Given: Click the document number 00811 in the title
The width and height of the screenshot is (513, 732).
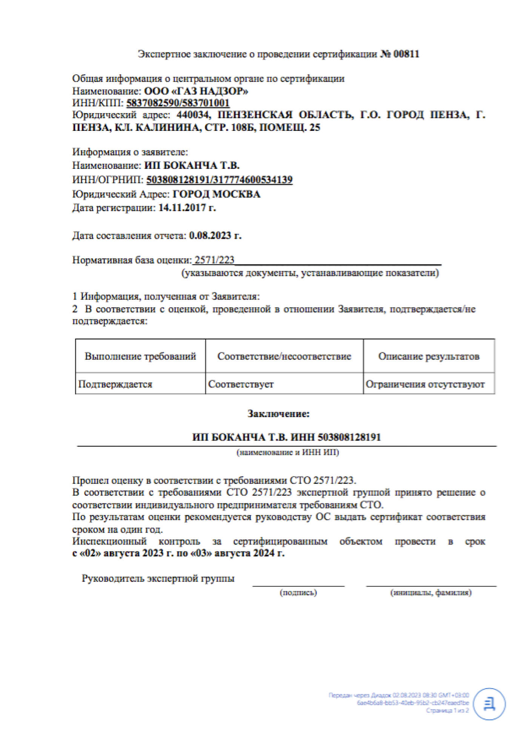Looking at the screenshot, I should pos(406,54).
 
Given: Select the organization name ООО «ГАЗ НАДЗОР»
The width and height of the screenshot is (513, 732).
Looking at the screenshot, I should pos(196,91).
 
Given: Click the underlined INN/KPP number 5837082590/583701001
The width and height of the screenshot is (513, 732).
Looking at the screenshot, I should pos(178,103).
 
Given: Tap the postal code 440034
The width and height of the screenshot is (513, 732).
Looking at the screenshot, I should pos(194,115).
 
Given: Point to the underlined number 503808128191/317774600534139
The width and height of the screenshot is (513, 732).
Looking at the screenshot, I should pos(219,180).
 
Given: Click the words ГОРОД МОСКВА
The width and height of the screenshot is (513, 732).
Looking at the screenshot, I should pos(217,194).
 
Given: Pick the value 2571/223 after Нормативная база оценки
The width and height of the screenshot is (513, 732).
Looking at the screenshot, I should pos(214,260).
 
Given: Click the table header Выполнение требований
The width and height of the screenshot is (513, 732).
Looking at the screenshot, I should pos(140,356).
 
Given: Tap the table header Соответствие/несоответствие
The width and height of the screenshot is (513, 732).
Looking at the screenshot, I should pos(284,356).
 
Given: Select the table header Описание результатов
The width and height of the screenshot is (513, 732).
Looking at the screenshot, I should pos(429,356).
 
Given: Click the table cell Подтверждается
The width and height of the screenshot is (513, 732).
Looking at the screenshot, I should pos(115,384).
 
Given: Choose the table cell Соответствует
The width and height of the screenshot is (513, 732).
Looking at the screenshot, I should pos(241,384).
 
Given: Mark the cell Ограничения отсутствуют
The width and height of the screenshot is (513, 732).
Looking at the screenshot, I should pos(425,384).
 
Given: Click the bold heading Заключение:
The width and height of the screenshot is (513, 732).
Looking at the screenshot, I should pos(278,414).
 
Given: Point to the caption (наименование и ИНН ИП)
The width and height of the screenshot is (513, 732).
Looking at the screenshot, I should pos(288,452).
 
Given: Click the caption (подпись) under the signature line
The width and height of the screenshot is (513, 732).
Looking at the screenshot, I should pos(298,592).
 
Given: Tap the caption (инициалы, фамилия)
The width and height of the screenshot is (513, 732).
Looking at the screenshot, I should pos(431,592).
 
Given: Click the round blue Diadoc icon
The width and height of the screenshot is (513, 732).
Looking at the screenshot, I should pos(489,704).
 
